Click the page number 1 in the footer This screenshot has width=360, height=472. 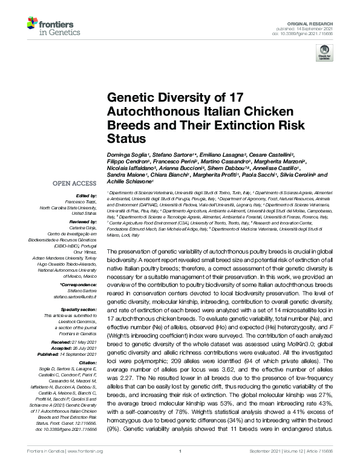(180, 467)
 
